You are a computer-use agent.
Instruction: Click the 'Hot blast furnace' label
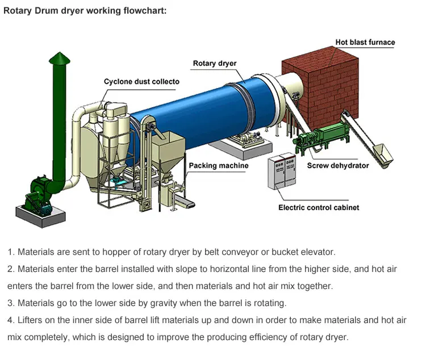click(365, 43)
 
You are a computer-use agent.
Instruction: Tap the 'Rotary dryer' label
click(214, 64)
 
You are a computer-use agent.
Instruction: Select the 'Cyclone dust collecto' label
click(141, 82)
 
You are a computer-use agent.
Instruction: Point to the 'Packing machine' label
click(219, 166)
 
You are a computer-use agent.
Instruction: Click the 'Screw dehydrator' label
click(338, 166)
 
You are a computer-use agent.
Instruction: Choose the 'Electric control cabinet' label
click(319, 208)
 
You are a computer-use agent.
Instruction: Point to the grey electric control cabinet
click(283, 170)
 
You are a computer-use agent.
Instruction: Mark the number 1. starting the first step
click(11, 252)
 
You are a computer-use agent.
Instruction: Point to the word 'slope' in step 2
click(182, 269)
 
